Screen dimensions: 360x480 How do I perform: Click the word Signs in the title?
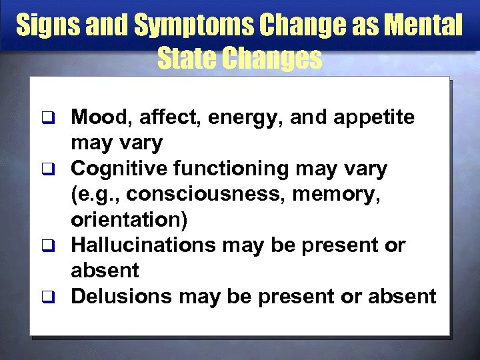click(x=44, y=26)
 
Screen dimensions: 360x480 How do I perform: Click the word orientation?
click(x=125, y=221)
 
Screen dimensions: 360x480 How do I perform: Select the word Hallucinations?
click(x=143, y=245)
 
